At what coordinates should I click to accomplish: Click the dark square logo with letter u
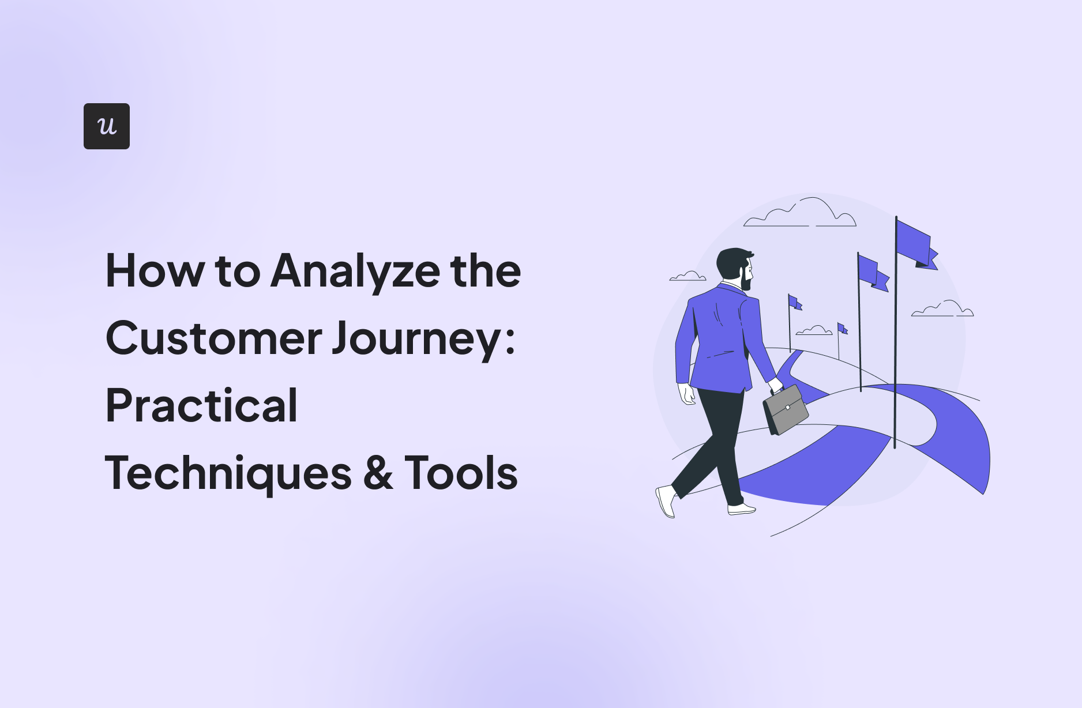click(x=107, y=126)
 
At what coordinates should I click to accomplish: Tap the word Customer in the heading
click(x=213, y=338)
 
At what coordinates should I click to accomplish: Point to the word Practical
click(x=202, y=405)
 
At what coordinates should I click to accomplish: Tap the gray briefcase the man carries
click(x=786, y=410)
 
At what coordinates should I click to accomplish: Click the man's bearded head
click(x=735, y=268)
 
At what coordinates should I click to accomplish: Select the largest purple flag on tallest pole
click(x=916, y=244)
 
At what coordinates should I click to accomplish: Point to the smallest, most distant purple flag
click(x=842, y=329)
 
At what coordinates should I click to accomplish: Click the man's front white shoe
click(x=741, y=509)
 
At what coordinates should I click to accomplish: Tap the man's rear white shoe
click(x=666, y=500)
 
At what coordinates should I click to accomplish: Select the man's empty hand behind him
click(x=687, y=394)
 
